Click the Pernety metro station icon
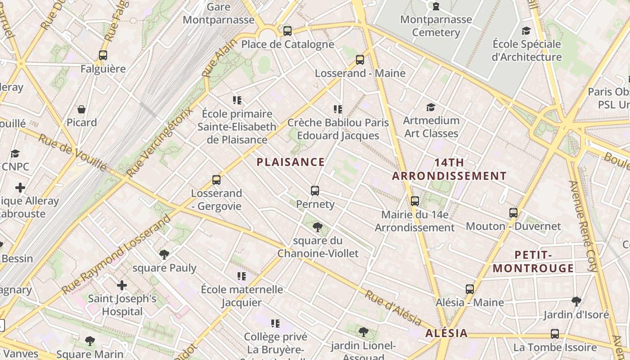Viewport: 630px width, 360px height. [x=315, y=191]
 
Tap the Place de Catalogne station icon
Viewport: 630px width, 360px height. [x=288, y=31]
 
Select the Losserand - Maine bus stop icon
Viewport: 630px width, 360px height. [x=360, y=59]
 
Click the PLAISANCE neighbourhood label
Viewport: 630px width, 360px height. [x=291, y=162]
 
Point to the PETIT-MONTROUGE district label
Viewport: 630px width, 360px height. [x=533, y=261]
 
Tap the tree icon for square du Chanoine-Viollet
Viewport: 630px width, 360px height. [x=318, y=227]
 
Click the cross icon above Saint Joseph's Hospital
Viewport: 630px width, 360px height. [x=122, y=285]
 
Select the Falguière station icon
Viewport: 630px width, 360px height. [x=103, y=55]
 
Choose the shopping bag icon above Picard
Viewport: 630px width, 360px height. [x=81, y=109]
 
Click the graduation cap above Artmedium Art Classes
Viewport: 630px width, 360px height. [x=431, y=107]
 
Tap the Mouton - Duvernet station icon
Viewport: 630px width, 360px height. [x=513, y=212]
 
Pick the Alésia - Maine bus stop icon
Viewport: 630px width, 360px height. [x=470, y=289]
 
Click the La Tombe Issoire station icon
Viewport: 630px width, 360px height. [x=555, y=334]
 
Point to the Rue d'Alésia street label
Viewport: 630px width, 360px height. [x=393, y=308]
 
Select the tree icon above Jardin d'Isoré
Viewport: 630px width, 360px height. [x=576, y=301]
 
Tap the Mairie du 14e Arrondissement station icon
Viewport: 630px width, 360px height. [x=415, y=201]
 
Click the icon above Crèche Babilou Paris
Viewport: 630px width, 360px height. [x=338, y=109]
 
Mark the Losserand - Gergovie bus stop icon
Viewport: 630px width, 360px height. [x=216, y=180]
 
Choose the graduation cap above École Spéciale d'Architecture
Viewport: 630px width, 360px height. [x=526, y=31]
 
